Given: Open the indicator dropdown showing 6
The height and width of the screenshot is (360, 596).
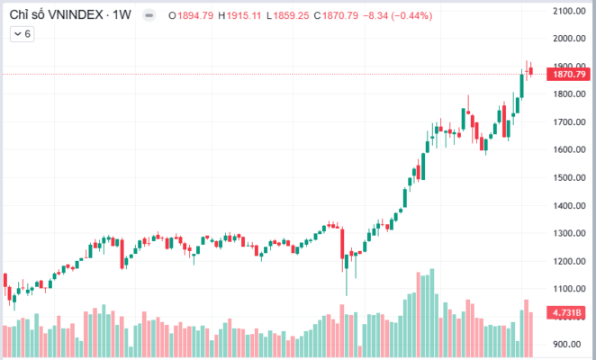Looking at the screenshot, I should pos(22,33).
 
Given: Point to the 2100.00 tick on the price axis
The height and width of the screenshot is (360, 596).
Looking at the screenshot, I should pos(570,11).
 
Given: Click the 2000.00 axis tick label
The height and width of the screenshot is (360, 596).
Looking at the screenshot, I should pos(570,39).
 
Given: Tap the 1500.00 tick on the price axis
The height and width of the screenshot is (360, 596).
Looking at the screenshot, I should pos(570,177).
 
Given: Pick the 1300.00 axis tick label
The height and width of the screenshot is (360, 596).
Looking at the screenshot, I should pos(570,233).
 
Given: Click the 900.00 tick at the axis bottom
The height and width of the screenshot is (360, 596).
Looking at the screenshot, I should pos(570,344).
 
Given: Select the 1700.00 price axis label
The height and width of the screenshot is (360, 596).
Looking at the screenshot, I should pos(570,121).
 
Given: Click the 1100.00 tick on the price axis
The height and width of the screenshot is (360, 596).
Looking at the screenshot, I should pos(570,289).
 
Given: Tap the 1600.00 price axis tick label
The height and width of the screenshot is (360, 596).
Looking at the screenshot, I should pos(570,149).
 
